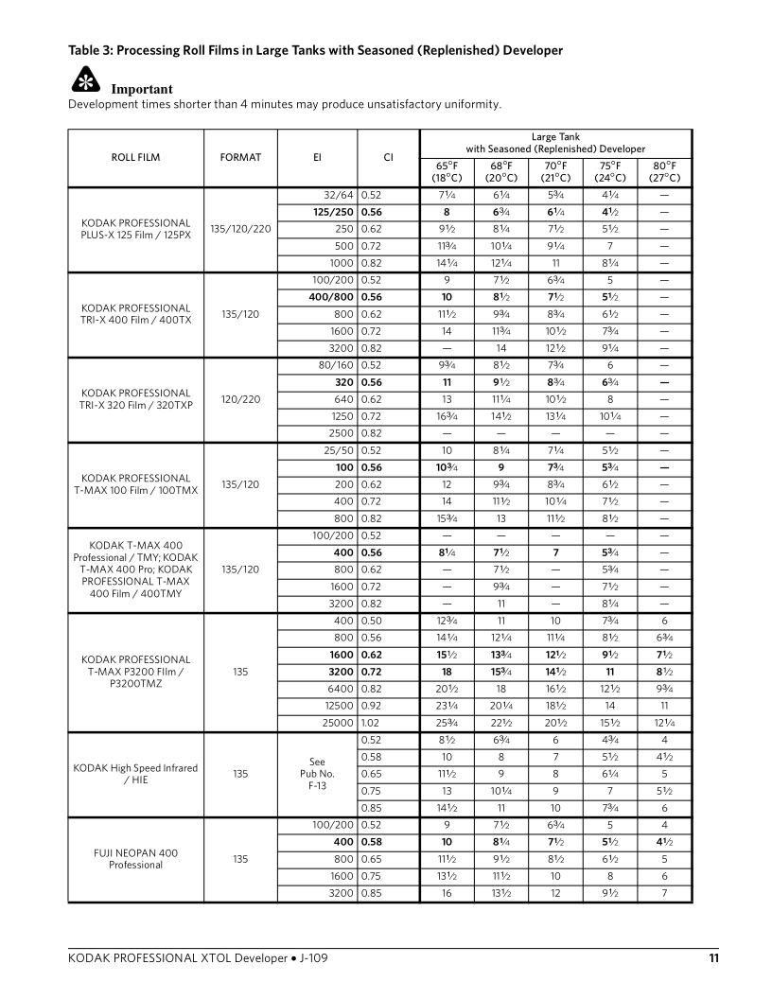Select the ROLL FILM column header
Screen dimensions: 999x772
point(136,158)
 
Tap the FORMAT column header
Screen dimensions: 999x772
point(240,158)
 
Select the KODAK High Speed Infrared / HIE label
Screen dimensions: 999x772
point(136,774)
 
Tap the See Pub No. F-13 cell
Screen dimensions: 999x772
point(317,774)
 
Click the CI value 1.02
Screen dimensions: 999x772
point(372,724)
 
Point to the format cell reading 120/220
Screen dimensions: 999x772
point(240,400)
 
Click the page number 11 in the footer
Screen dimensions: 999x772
point(713,958)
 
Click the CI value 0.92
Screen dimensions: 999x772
point(372,707)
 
